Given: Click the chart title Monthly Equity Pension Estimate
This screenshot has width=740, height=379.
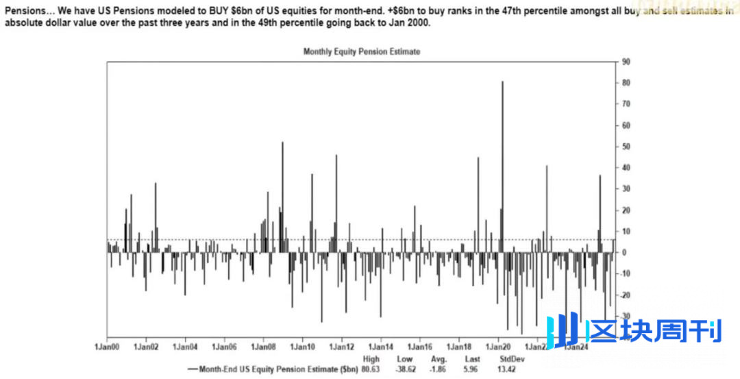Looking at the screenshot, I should point(361,51).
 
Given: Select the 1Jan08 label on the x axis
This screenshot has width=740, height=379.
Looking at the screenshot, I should point(263,347).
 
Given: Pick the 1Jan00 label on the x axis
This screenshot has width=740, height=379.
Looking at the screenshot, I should point(107,347).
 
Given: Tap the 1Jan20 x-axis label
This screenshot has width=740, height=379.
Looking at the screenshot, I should point(499,347).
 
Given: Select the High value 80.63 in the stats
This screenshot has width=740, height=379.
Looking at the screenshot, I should point(371,369).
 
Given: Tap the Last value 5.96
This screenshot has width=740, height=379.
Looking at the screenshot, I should point(473,369).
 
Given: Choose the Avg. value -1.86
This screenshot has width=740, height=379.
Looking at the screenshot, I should point(439,369).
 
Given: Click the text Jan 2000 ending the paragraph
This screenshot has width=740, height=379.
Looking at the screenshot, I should point(412,23).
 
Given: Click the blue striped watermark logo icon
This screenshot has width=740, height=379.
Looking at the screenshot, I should point(563,330).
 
